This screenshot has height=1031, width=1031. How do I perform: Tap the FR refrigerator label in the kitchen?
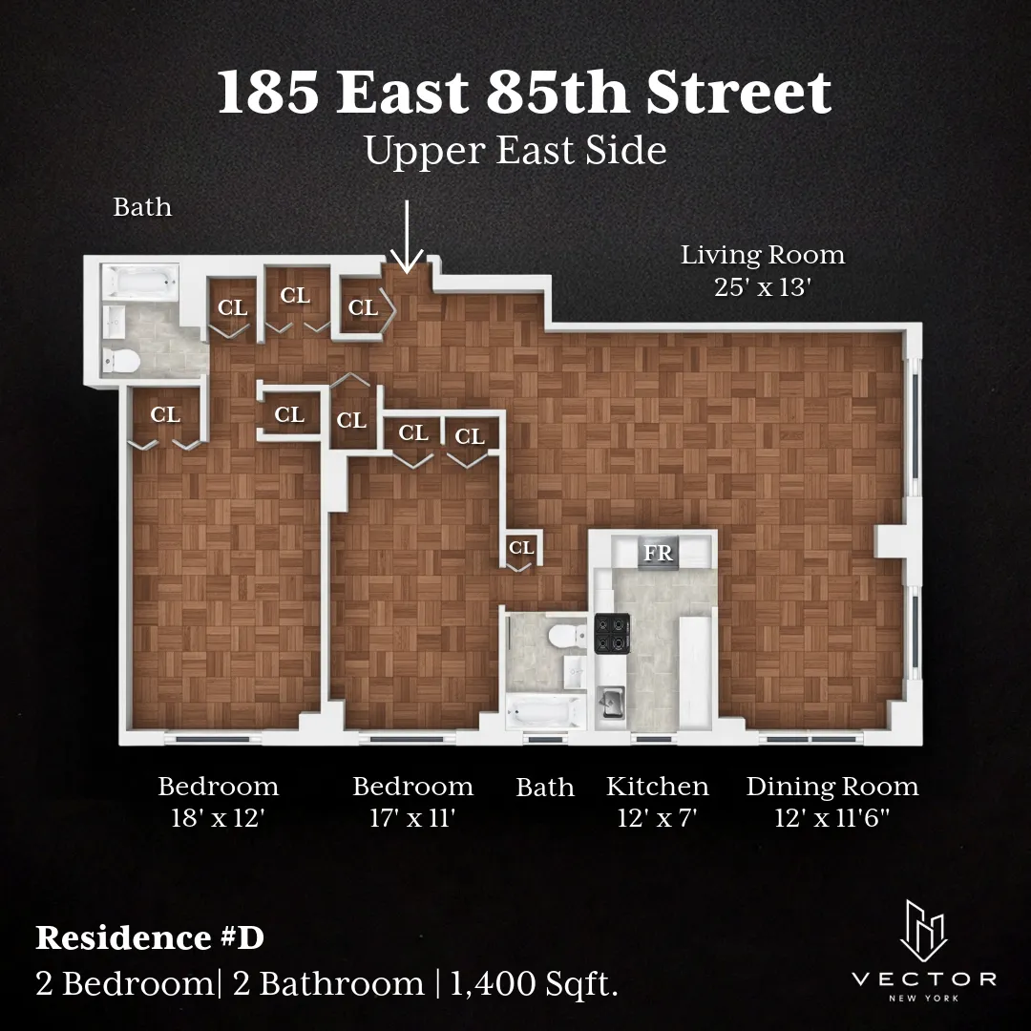coord(658,553)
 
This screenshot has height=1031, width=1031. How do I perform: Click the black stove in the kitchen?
coord(610,635)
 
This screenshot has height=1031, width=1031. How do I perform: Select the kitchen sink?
coord(610,703)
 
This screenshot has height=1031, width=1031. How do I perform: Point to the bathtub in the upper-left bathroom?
coord(141,282)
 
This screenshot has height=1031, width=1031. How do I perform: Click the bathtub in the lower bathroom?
coord(545,712)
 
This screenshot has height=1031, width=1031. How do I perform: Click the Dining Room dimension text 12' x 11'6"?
coord(832,819)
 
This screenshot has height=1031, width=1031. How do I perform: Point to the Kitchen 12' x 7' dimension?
coord(658,819)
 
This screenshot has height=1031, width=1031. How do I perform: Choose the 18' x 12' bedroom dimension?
coord(218,819)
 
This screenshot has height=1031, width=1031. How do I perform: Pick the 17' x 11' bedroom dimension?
coord(412,819)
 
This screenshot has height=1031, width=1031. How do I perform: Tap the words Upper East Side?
coord(515,152)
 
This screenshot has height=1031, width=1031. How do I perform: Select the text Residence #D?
coord(150,937)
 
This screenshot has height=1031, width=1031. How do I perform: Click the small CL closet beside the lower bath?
coord(521,548)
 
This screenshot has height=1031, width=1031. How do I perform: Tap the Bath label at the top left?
coord(142,206)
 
